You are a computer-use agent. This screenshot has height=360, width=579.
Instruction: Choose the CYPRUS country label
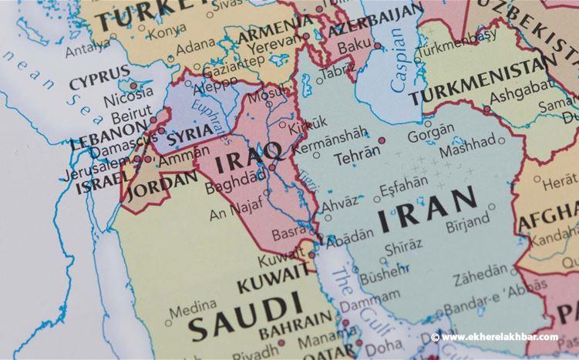[x=99, y=82]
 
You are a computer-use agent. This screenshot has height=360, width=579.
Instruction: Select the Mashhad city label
[x=468, y=143]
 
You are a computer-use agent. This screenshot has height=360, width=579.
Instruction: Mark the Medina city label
[x=188, y=311]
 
